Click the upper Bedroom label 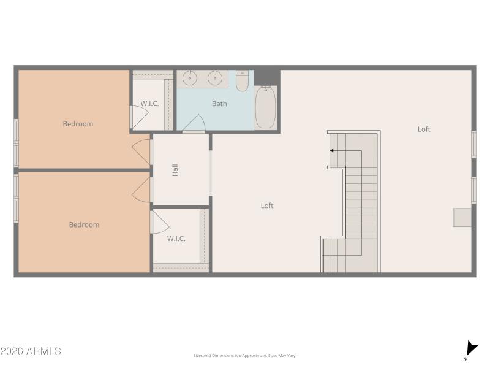[78, 124]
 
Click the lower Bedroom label [84, 225]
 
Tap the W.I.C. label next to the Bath [149, 104]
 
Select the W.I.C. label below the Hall [176, 239]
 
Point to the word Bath [219, 104]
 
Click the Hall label [175, 170]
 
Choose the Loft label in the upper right [424, 129]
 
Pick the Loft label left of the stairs [267, 206]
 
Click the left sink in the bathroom [190, 78]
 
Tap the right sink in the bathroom [214, 78]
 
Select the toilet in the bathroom [243, 81]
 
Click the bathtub [265, 108]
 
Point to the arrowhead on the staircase [333, 150]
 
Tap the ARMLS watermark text [31, 351]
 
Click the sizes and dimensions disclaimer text [244, 356]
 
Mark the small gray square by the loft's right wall [462, 217]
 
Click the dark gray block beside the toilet [266, 77]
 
